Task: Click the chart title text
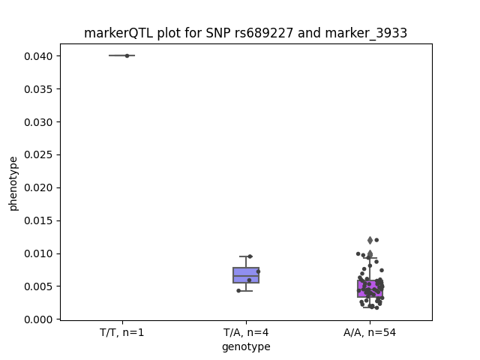245,33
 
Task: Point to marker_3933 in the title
366,33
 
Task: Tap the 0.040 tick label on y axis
38,56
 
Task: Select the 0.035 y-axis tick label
38,89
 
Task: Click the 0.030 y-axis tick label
38,122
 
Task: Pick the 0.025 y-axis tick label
38,155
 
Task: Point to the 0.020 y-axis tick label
38,187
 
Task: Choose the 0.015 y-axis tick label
38,220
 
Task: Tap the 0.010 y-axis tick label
38,253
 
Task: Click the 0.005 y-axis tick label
38,286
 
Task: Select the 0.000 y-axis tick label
38,319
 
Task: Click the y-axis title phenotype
13,184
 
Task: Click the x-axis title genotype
246,346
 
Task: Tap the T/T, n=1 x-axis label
121,332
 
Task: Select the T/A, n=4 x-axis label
246,332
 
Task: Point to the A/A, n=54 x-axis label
370,332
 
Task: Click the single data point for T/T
127,55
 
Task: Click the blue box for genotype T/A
246,275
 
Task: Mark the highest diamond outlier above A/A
370,240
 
